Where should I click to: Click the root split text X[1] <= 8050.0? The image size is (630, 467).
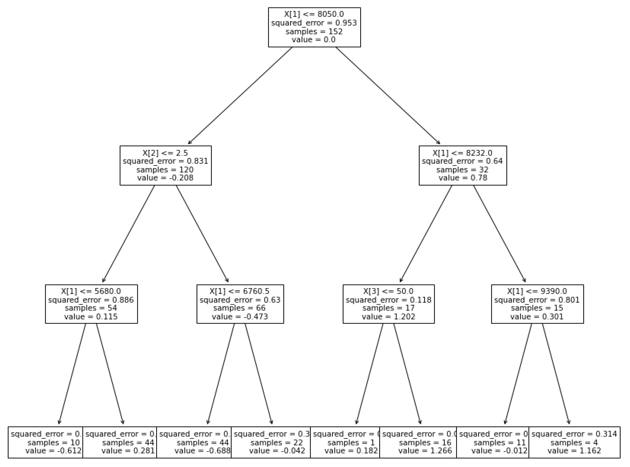point(314,14)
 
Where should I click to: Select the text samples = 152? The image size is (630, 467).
point(314,31)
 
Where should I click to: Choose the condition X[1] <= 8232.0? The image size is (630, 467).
point(462,153)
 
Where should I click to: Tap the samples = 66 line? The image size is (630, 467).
point(240,308)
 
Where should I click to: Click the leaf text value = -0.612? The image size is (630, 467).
point(53,451)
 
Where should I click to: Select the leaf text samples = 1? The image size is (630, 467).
point(351,442)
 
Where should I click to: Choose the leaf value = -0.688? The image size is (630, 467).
point(203,451)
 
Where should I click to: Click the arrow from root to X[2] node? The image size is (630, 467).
point(240,95)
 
